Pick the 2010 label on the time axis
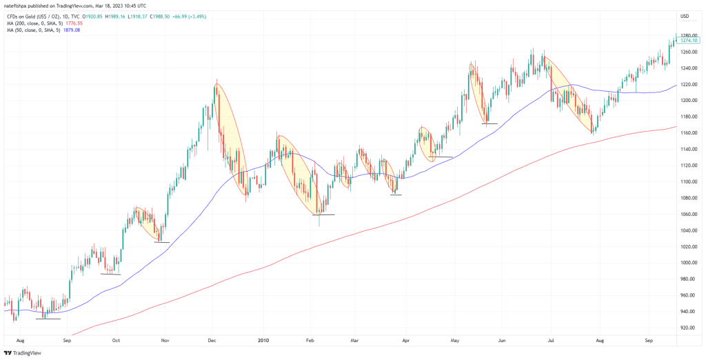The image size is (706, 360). (263, 341)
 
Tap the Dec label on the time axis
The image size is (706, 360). (212, 341)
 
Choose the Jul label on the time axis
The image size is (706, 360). (551, 341)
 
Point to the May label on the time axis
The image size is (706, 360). (454, 341)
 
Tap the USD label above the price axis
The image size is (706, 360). (685, 16)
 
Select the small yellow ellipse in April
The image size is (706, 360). (426, 143)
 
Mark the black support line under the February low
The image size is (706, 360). (323, 214)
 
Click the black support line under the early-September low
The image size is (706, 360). (48, 319)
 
